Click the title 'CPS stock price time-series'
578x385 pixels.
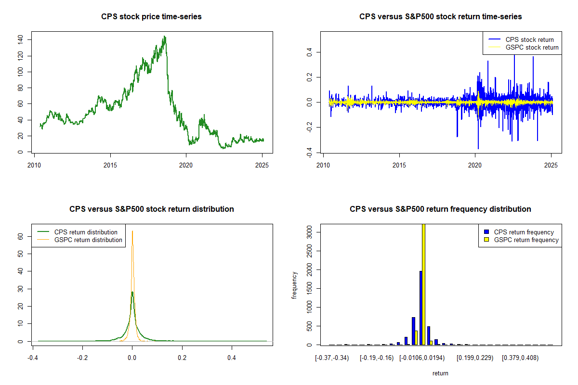point(151,16)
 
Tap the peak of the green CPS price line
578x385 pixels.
point(165,37)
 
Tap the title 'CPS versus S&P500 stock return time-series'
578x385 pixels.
point(440,16)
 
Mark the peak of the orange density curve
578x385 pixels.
point(132,231)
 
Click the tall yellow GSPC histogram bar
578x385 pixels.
point(423,284)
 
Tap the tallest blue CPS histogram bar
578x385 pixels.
point(420,308)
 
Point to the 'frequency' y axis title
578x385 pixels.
point(295,285)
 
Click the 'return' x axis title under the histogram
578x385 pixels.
point(440,373)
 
